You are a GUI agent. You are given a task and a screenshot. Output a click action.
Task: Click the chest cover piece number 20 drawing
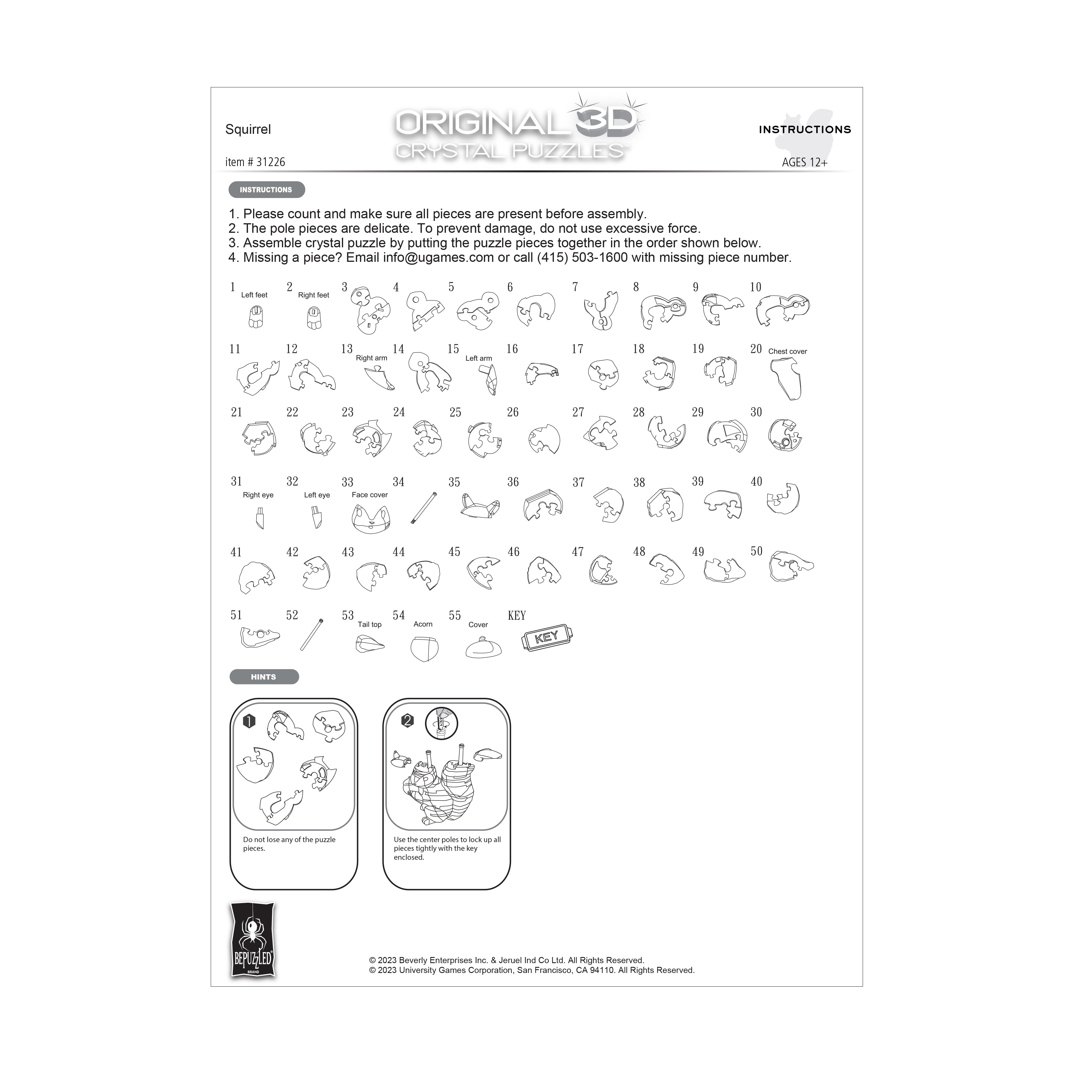pos(786,378)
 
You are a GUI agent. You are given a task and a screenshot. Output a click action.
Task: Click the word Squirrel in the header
pos(248,129)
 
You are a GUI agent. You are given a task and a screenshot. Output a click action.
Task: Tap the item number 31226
pos(255,162)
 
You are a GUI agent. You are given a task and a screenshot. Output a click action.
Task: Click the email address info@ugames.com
pos(438,257)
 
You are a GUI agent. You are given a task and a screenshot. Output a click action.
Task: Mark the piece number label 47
pos(578,552)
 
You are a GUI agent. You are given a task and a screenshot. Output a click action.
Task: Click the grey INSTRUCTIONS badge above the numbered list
pos(266,190)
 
